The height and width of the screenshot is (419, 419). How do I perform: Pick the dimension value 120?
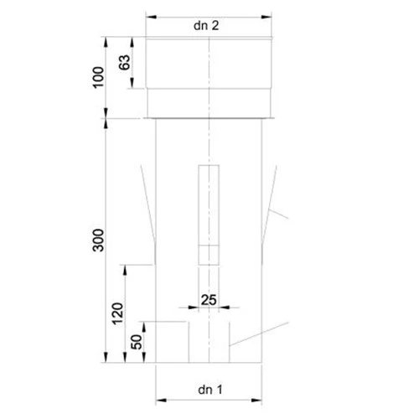(x=116, y=313)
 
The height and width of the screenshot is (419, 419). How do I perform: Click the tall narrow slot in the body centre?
(x=209, y=205)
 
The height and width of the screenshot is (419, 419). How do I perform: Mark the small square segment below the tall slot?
(x=209, y=254)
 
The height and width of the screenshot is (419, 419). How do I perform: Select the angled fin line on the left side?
(x=149, y=209)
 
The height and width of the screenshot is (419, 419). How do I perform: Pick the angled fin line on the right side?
(x=269, y=209)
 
